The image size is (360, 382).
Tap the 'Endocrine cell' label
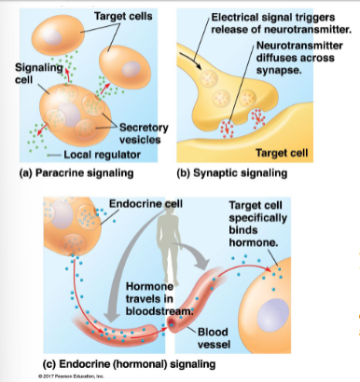[x=147, y=202]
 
